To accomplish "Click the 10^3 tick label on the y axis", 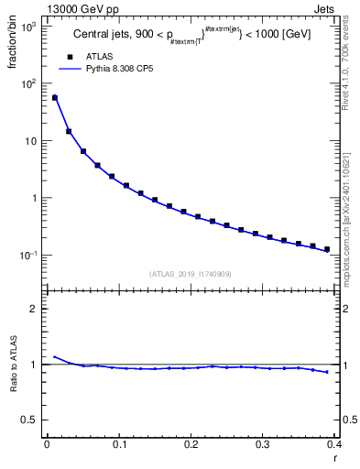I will point(28,27).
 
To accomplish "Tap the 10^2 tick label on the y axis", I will point(28,84).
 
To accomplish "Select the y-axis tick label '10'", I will point(32,142).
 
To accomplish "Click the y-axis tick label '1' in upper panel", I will point(36,199).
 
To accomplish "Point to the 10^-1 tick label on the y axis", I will point(28,255).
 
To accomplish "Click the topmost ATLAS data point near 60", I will point(54,97).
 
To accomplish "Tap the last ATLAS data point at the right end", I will point(327,248).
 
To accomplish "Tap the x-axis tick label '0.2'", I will point(190,445).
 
